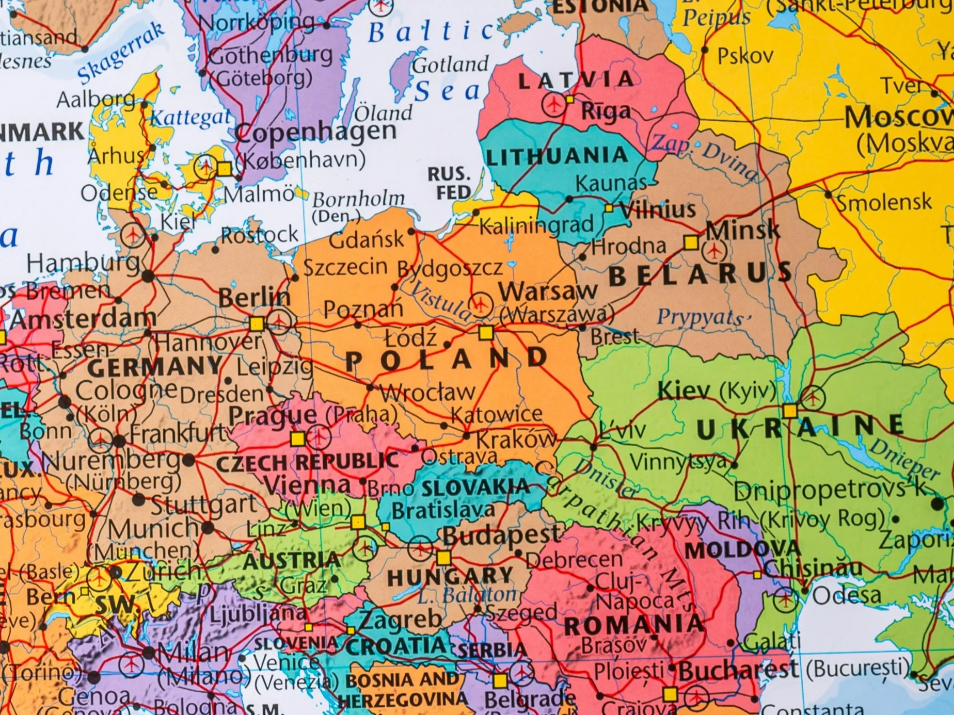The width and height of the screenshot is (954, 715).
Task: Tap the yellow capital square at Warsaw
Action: pos(486,333)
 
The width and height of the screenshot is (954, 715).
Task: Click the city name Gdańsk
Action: pos(366,239)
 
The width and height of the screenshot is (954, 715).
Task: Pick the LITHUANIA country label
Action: pos(556,156)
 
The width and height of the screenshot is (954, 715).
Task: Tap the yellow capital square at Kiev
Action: pos(790,411)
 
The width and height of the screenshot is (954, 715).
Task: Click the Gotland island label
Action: pos(450,65)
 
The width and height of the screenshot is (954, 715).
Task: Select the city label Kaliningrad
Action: pos(537,225)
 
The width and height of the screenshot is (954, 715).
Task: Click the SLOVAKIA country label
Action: pos(475,488)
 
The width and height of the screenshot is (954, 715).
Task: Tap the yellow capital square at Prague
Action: pos(297,439)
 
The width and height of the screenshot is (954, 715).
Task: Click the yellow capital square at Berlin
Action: pos(257,324)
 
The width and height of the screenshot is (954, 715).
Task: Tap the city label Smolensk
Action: pos(884,202)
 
